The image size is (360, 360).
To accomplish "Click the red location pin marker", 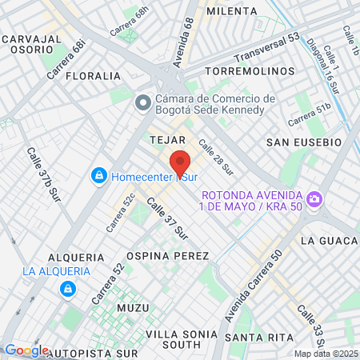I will (180, 164).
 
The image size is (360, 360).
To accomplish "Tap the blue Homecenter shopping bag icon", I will (99, 175).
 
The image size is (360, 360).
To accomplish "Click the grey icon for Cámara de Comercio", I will (144, 102).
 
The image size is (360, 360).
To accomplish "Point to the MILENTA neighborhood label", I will (231, 11).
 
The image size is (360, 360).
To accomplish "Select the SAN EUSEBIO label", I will (304, 142).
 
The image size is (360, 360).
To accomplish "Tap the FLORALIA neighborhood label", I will (93, 76).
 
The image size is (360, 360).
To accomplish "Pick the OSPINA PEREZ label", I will (177, 256).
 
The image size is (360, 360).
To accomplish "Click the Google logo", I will (26, 350).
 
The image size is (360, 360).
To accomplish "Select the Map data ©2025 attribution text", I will (325, 354).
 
